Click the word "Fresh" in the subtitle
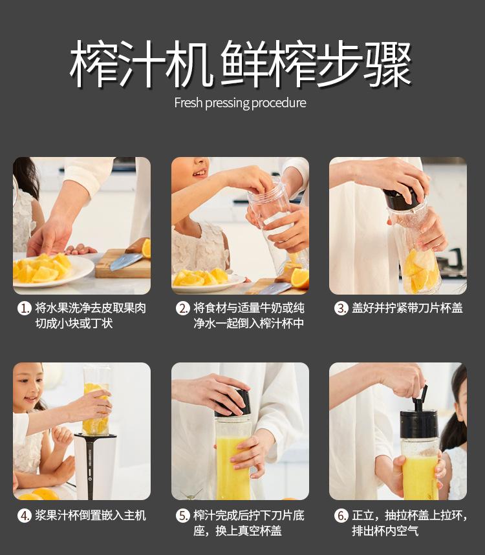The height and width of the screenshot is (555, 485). click(188, 103)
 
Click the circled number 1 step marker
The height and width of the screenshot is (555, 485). click(25, 308)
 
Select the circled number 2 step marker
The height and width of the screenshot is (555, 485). click(183, 308)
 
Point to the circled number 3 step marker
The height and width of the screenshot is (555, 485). click(341, 308)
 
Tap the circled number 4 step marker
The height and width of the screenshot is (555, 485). click(25, 516)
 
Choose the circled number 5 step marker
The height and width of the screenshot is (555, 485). click(183, 516)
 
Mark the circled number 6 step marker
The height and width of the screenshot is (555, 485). click(341, 516)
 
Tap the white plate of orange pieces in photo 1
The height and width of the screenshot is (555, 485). click(53, 271)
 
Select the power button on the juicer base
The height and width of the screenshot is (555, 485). click(90, 479)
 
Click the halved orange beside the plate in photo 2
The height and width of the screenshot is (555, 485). click(299, 278)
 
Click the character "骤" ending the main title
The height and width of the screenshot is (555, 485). click(387, 64)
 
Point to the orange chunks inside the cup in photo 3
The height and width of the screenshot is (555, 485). click(420, 269)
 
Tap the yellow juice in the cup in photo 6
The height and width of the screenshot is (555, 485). click(420, 477)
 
